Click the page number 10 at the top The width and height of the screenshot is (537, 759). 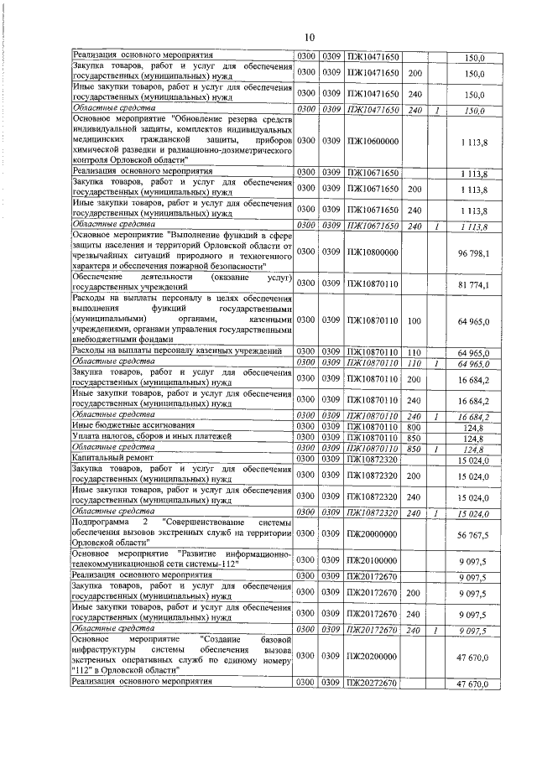pyautogui.click(x=308, y=38)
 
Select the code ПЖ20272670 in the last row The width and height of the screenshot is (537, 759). pyautogui.click(x=373, y=684)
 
